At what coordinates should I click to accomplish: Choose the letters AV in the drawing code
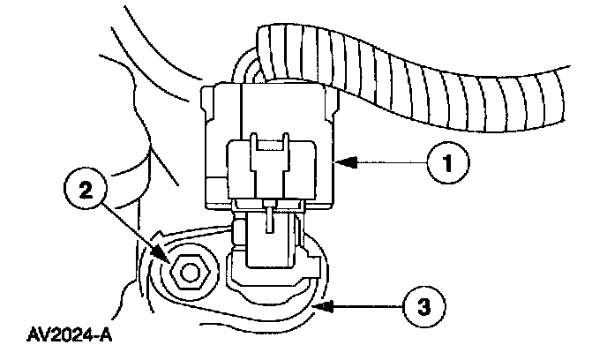click(x=38, y=336)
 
